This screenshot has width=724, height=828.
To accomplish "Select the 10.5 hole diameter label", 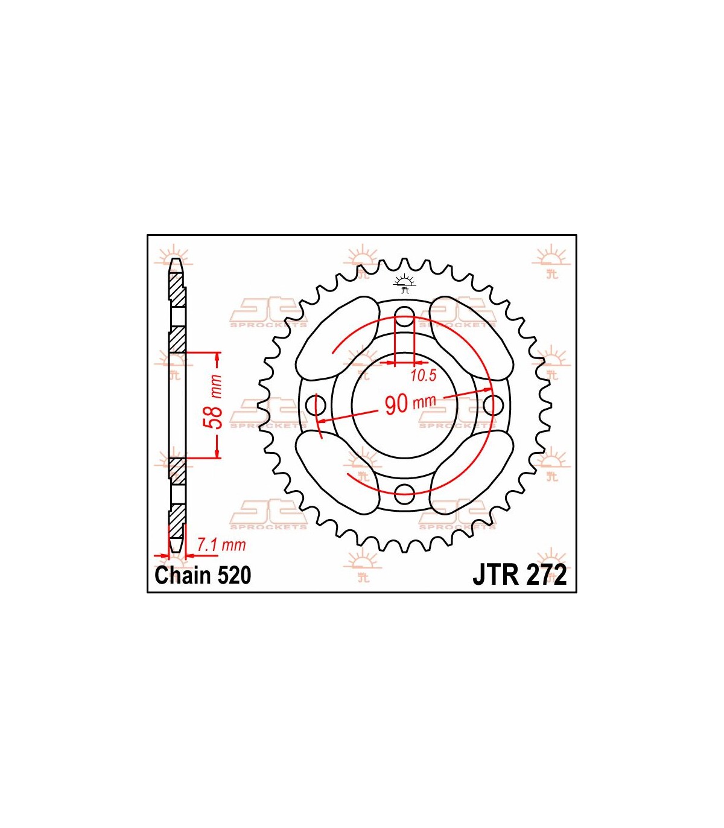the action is point(424,376).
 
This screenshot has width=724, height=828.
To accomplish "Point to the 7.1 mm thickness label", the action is point(221,545).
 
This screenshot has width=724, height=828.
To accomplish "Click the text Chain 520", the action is point(203,575).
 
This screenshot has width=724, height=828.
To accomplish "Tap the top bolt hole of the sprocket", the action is point(404,317).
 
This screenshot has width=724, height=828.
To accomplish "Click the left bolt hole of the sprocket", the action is point(316,405).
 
